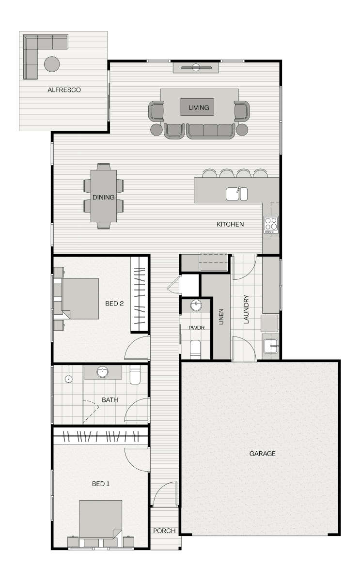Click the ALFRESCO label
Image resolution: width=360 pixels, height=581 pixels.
(64, 90)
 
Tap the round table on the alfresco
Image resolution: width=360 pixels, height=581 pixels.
(52, 63)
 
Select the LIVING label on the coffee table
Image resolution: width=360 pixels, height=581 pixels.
(199, 107)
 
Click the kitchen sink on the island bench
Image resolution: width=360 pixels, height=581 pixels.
(236, 193)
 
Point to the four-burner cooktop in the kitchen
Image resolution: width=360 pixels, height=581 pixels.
(271, 224)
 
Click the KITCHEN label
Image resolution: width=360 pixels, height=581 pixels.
(230, 224)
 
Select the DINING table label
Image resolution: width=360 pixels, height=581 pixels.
(103, 198)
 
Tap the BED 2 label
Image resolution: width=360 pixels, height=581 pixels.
(114, 304)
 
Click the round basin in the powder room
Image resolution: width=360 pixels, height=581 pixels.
(196, 306)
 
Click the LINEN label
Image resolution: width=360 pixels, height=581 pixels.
(221, 317)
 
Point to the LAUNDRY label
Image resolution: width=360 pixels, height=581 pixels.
(246, 309)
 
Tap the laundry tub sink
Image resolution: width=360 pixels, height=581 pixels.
(271, 346)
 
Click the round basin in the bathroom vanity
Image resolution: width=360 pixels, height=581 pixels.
(102, 372)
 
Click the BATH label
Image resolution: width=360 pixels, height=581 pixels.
(110, 400)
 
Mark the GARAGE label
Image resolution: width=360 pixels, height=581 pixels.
(262, 454)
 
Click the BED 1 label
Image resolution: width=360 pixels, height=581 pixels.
(101, 483)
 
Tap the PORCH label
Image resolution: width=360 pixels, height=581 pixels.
(164, 531)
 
